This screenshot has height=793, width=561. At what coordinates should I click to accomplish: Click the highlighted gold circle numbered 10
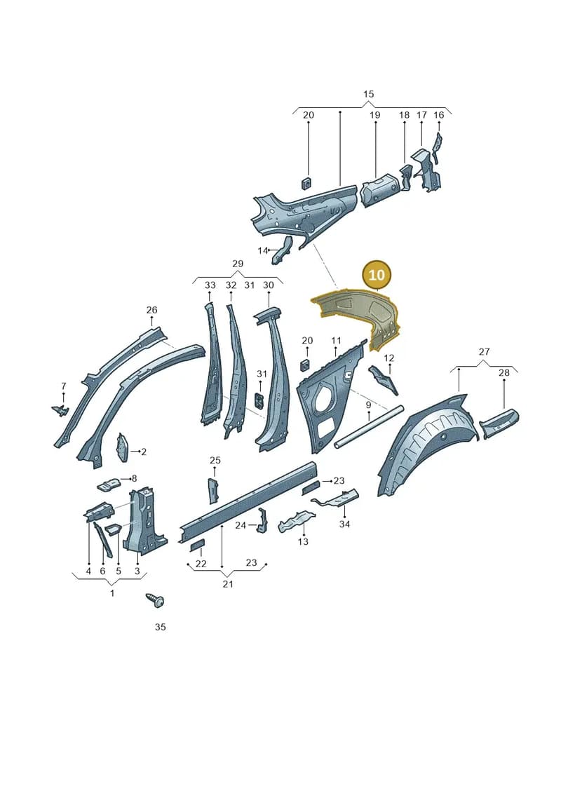tap(377, 275)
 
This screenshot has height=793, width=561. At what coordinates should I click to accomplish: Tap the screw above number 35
tap(155, 600)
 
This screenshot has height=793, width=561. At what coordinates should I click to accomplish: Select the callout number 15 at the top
tap(368, 94)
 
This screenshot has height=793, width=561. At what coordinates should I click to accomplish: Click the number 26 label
tap(151, 310)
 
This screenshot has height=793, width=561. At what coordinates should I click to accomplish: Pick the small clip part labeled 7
tap(60, 409)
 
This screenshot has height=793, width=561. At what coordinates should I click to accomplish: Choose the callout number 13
tap(303, 542)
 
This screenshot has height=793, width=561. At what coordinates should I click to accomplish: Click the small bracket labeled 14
tap(283, 250)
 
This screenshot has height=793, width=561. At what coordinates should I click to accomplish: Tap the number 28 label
tap(503, 373)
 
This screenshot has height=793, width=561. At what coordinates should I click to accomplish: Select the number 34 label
tap(344, 524)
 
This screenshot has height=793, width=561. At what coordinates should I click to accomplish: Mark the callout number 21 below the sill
tap(228, 583)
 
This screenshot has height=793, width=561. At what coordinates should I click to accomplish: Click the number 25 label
tap(215, 460)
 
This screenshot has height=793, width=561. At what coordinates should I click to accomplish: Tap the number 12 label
tap(388, 358)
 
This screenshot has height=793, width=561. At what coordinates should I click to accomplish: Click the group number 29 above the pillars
tap(237, 264)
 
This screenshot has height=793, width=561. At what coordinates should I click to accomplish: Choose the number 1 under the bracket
tap(111, 592)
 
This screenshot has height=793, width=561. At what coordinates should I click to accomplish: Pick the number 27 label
tap(484, 351)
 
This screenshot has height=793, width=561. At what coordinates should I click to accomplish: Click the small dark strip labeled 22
tap(196, 545)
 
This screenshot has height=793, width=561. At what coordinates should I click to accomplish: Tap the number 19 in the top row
tap(374, 115)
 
